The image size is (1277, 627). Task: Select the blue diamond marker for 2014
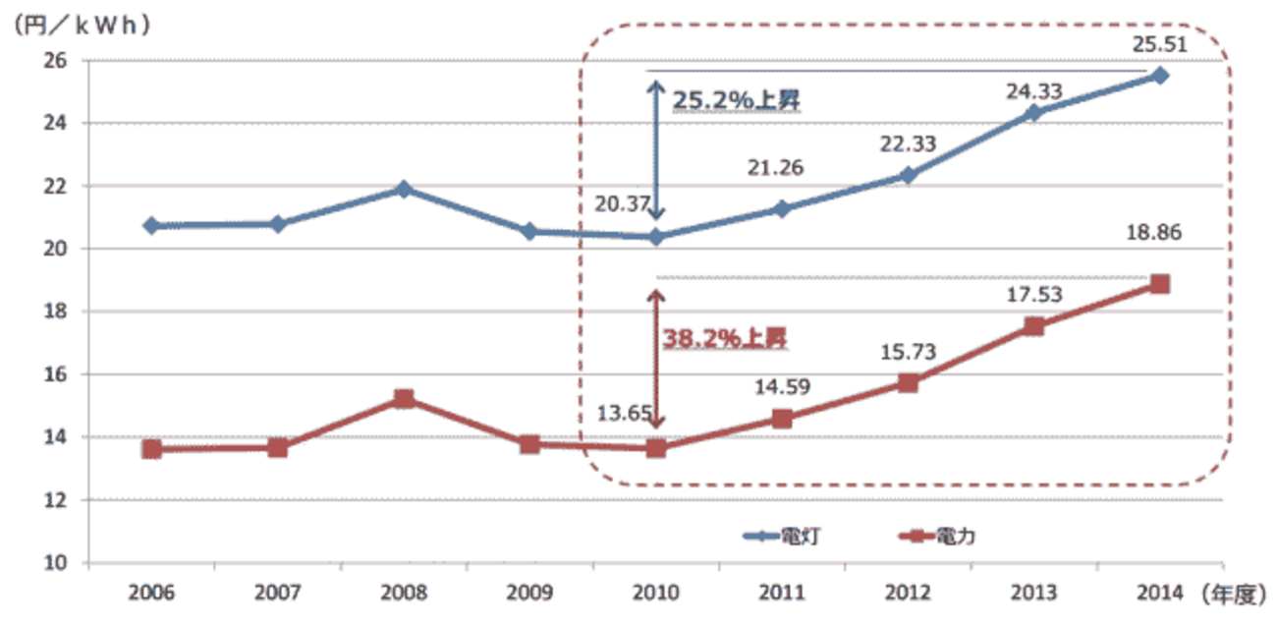point(1159,76)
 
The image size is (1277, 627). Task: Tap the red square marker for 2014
point(1159,284)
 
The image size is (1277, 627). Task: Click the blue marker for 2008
point(404,189)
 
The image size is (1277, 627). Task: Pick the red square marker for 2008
point(404,399)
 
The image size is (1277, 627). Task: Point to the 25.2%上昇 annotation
point(738,100)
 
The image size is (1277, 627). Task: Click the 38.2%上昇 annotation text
point(726,339)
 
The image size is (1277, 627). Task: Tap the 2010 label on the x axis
point(656,594)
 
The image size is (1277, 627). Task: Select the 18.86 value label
point(1155,234)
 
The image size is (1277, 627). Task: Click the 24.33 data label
point(1032,91)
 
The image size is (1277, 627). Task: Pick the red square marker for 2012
point(908,383)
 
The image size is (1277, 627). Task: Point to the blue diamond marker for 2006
point(151,226)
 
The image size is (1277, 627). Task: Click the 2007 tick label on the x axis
point(278,594)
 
